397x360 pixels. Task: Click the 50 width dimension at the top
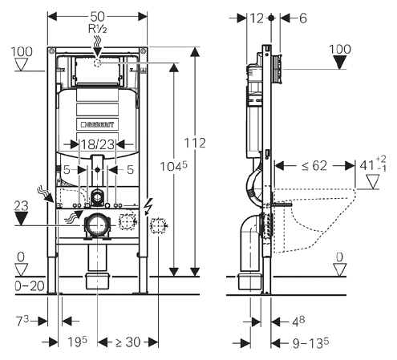pyautogui.click(x=97, y=17)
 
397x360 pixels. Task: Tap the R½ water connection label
pyautogui.click(x=98, y=29)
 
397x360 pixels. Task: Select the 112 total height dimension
pyautogui.click(x=195, y=143)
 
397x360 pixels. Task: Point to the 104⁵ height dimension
pyautogui.click(x=173, y=167)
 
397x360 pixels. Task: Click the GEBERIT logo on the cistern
pyautogui.click(x=97, y=124)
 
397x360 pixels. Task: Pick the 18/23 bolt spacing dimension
pyautogui.click(x=98, y=144)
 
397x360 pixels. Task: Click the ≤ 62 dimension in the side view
pyautogui.click(x=314, y=166)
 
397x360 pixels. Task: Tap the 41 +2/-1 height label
pyautogui.click(x=373, y=165)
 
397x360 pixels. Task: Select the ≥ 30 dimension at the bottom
pyautogui.click(x=128, y=342)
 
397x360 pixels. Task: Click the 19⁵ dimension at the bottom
pyautogui.click(x=77, y=342)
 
